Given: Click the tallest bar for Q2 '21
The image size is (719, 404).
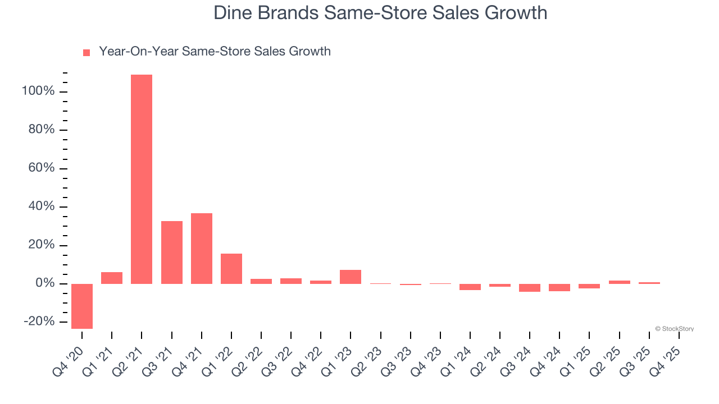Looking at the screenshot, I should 142,179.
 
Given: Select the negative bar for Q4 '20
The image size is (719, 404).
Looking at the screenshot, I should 82,306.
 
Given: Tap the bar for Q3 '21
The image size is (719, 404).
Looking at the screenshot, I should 171,252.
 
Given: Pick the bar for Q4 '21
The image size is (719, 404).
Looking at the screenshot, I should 201,249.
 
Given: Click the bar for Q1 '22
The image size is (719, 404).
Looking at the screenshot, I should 231,269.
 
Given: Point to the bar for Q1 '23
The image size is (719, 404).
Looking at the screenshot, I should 351,277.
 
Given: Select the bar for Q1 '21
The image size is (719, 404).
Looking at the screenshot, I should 112,278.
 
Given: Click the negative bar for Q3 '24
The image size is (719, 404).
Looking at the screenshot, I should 530,288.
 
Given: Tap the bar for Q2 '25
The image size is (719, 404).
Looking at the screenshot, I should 619,282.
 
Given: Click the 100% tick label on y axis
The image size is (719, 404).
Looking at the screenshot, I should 38,91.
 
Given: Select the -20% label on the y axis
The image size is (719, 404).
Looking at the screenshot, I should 39,322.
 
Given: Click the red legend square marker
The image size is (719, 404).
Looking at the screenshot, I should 87,53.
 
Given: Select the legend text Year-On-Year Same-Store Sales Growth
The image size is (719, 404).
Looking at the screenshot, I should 215,52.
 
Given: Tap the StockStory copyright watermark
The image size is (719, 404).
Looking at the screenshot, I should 674,329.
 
